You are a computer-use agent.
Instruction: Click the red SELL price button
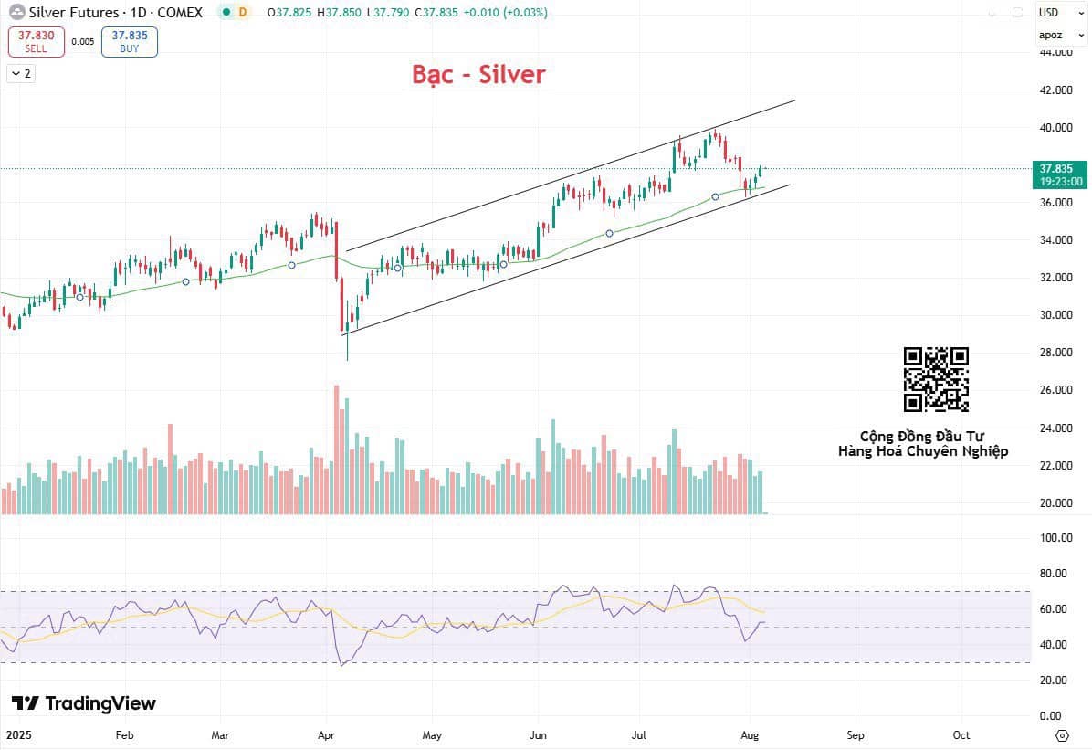tap(37, 41)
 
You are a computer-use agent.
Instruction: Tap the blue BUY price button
tap(130, 41)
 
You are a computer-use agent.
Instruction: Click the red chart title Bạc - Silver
tap(478, 74)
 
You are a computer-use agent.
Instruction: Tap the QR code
tap(936, 379)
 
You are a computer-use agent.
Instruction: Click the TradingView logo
tap(84, 703)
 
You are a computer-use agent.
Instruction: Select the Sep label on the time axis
tap(855, 734)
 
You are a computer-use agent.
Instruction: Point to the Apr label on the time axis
tap(326, 734)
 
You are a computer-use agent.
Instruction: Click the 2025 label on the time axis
tap(18, 734)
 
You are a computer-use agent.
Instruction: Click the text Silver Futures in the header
tap(73, 13)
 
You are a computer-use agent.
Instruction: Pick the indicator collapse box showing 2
tap(20, 74)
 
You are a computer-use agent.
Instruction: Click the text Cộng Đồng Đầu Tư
tap(922, 437)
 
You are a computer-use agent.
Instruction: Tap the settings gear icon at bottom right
tap(1061, 734)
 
